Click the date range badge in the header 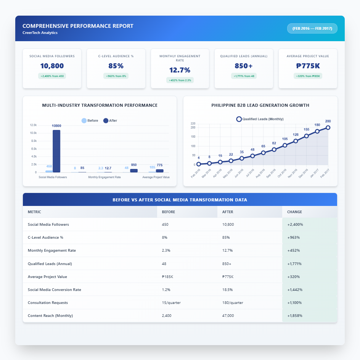point(312,29)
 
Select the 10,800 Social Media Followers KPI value point(52,66)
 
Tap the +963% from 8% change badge point(116,76)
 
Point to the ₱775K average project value point(308,66)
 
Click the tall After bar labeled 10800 point(56,151)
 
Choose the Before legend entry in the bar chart point(90,121)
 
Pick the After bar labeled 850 point(134,170)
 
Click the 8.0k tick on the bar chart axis point(33,149)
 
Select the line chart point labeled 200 point(328,128)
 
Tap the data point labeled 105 point(285,145)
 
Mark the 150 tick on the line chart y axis point(193,137)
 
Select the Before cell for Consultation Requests point(171,303)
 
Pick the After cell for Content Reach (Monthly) point(228,316)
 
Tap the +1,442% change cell point(295,290)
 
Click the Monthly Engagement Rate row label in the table point(52,251)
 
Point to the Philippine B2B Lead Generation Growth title point(260,105)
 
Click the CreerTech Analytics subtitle point(40,33)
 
